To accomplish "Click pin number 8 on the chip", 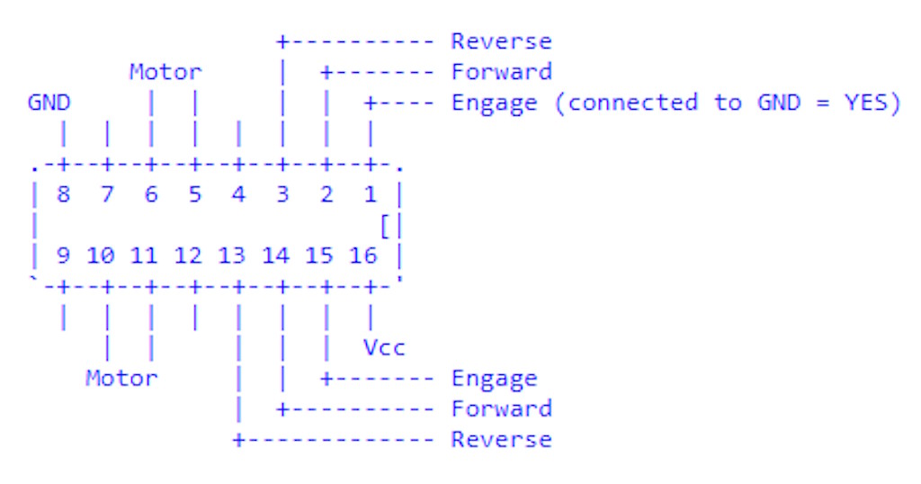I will (x=63, y=195).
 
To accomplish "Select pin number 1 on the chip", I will (x=370, y=195).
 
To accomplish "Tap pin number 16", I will (x=362, y=256).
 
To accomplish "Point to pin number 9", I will (x=63, y=256).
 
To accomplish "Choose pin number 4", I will (x=238, y=195).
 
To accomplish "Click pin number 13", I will (x=231, y=256).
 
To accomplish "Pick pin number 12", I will (x=187, y=256).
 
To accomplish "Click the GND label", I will (x=49, y=103).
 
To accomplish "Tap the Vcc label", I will (x=384, y=347).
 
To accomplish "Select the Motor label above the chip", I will (x=165, y=72).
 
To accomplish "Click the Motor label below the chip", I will (x=121, y=378).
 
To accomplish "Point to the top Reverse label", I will (x=501, y=41).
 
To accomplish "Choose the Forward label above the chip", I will (x=501, y=72).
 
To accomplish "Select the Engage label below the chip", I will (x=494, y=378).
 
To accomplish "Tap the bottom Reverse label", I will (x=501, y=439).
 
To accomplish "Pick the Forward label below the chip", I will (x=501, y=408).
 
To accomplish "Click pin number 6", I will (x=150, y=195).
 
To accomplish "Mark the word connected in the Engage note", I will (x=632, y=103).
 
